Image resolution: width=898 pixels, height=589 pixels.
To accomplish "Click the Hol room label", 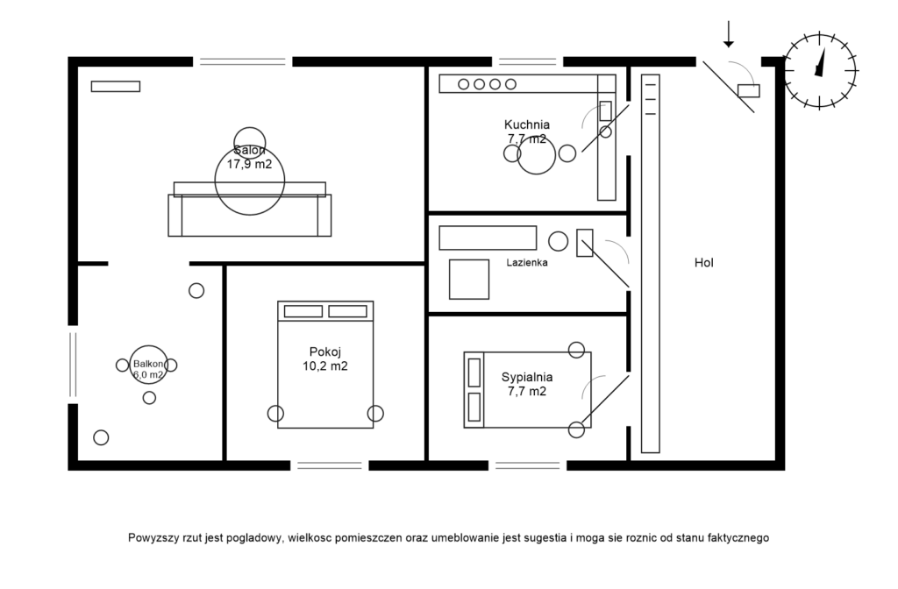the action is tap(704, 263).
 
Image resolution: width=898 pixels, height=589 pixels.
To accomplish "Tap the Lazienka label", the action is tap(527, 263).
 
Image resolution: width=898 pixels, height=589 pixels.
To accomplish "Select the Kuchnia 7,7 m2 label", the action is tap(527, 131).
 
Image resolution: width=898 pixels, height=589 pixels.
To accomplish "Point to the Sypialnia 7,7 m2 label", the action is tap(527, 384).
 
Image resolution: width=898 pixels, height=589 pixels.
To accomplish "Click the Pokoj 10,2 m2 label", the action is tap(325, 358).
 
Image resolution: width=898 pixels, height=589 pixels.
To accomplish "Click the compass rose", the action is tap(820, 71).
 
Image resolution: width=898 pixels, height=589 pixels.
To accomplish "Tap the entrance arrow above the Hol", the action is tap(729, 34).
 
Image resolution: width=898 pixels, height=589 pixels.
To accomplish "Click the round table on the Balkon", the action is tap(149, 365).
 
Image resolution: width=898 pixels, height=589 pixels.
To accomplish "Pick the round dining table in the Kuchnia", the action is tap(537, 155).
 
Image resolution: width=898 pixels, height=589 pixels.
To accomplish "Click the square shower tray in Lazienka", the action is tap(469, 280).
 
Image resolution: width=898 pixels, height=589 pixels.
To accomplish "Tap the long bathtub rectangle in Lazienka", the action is tap(488, 238).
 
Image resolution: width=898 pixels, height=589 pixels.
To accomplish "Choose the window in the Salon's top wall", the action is tap(242, 62).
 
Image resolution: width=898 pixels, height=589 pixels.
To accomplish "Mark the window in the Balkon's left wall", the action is tap(73, 365).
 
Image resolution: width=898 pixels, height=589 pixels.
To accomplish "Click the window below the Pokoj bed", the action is tap(330, 466).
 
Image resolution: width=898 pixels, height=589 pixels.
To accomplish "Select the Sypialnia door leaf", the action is tap(605, 399).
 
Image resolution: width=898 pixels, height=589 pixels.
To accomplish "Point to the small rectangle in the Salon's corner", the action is tap(116, 87).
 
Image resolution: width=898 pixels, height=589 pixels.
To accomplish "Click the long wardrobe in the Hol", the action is tap(651, 263).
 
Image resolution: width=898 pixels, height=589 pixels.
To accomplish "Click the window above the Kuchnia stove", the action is tap(527, 62).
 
